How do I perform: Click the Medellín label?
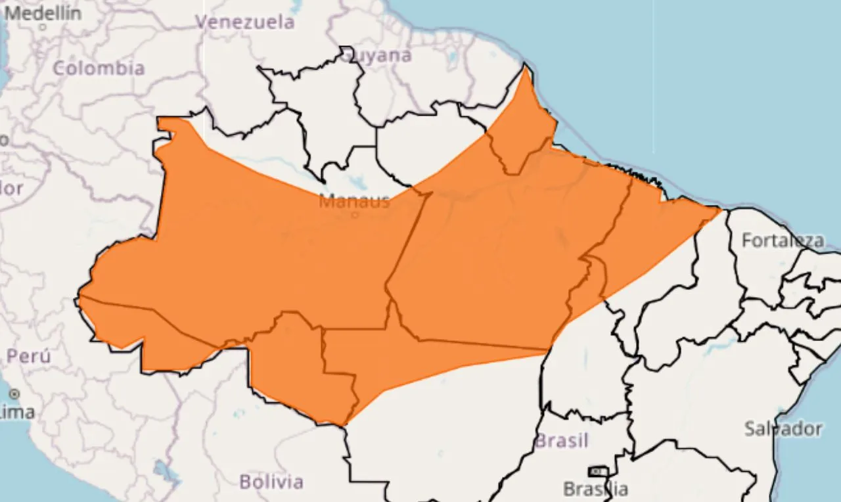42,12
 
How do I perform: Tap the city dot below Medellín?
43,28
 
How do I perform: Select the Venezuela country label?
245,22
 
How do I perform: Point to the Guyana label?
377,55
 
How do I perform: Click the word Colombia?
99,68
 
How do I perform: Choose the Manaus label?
354,200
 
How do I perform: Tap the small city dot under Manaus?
355,214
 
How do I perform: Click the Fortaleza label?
783,240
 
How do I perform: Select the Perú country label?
28,356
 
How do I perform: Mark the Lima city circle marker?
14,394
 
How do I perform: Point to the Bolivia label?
271,482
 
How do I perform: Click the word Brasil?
561,440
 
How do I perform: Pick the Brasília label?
595,489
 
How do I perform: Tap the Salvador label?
783,429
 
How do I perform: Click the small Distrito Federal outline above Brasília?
598,471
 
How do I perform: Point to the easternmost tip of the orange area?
720,210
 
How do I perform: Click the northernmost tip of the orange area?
526,68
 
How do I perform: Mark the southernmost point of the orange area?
344,425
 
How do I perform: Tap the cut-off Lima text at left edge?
18,413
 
